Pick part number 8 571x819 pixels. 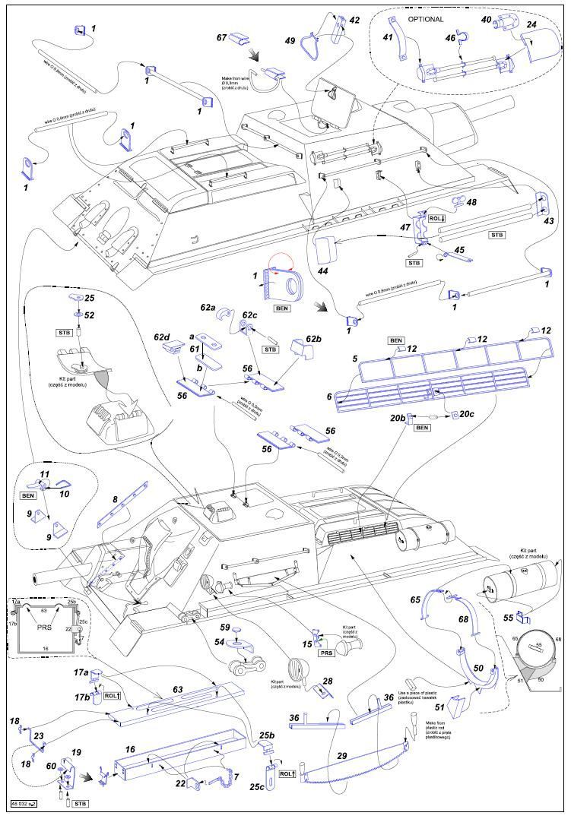116,500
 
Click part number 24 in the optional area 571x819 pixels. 531,24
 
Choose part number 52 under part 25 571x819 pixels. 90,315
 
